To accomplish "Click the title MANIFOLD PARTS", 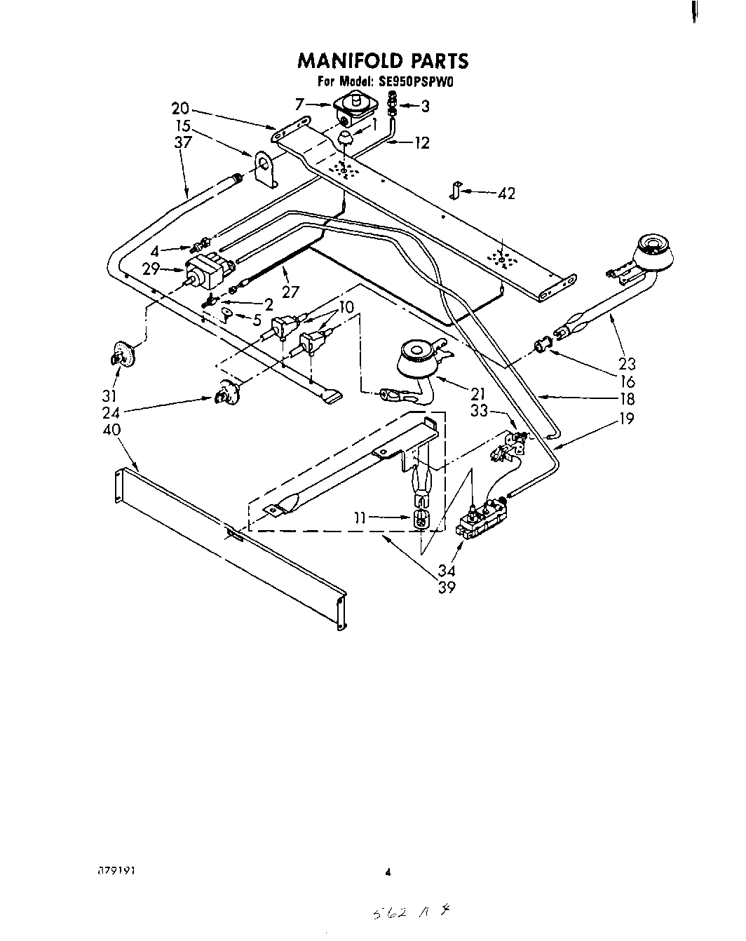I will pyautogui.click(x=383, y=61).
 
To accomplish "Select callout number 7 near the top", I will pyautogui.click(x=300, y=104).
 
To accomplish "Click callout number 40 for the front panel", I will pyautogui.click(x=111, y=429).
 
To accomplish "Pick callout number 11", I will pyautogui.click(x=359, y=518).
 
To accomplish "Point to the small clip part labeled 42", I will pyautogui.click(x=456, y=189).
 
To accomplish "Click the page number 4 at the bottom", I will pyautogui.click(x=387, y=873).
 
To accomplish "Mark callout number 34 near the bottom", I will pyautogui.click(x=445, y=571).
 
